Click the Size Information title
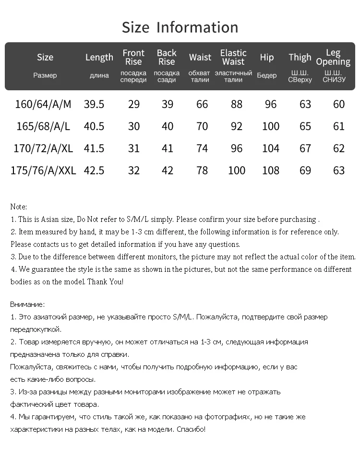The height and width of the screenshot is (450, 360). point(180,27)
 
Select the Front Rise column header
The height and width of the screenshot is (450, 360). point(133,57)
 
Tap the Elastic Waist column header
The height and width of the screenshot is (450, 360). point(233,57)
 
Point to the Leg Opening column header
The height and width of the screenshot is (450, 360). point(333,57)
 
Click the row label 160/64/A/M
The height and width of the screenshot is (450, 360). point(43,104)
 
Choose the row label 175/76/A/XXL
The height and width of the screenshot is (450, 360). point(43,170)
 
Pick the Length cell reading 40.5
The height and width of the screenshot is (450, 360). point(94,126)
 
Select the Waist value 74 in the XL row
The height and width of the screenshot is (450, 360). point(202,148)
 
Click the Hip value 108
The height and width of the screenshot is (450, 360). point(271,170)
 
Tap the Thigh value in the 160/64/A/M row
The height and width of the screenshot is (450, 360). point(305,104)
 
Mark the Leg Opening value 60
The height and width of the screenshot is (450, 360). point(339,104)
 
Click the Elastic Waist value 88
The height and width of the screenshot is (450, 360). point(237,104)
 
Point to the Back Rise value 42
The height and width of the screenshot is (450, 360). point(167,170)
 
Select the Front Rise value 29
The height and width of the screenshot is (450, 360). point(134,104)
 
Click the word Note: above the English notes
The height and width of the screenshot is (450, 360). point(19,207)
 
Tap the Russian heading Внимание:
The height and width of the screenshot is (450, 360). point(27,304)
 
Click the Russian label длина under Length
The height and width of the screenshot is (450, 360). point(99,76)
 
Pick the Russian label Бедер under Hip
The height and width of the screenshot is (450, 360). point(267,76)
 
